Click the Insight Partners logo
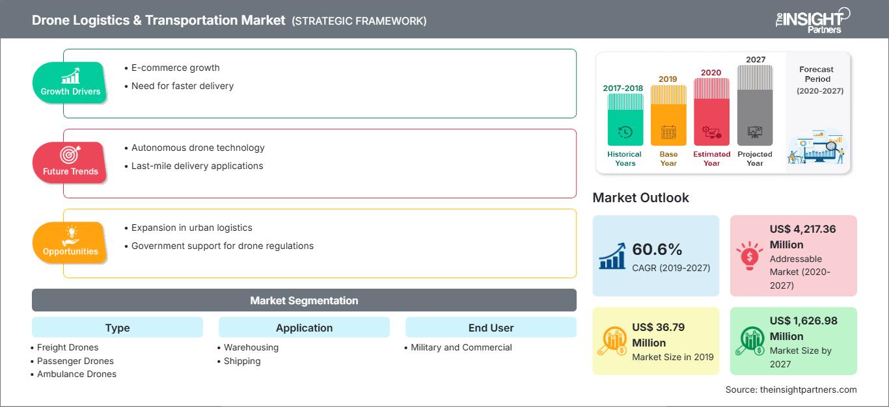pos(812,20)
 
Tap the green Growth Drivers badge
pos(70,82)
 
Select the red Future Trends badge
pos(70,162)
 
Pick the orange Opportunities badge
pos(70,242)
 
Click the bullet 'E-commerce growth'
pos(175,68)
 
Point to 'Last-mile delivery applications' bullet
pos(197,166)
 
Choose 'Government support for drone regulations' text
pos(222,246)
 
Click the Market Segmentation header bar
pos(304,300)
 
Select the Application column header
pos(304,328)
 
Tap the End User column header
pos(491,328)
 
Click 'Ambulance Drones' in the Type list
pos(77,374)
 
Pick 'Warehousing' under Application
pos(251,347)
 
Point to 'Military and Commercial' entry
pos(461,347)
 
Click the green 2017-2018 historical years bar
pos(625,120)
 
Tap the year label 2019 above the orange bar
pos(668,79)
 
